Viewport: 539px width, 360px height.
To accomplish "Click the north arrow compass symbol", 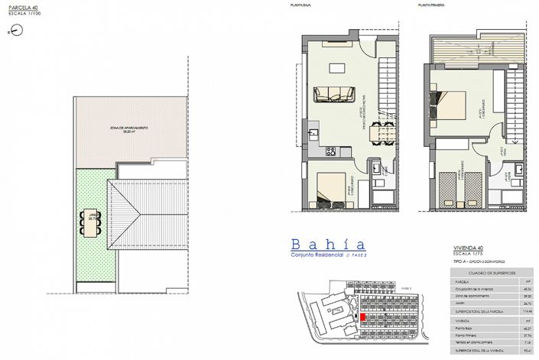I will coord(14,31).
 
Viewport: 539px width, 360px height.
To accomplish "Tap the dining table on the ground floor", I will coord(378,135).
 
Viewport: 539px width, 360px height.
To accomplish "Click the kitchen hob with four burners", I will coord(331,150).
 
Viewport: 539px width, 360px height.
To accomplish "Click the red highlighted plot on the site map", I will coord(363,315).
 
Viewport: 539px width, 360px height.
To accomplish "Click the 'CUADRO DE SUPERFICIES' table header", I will coord(490,271).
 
